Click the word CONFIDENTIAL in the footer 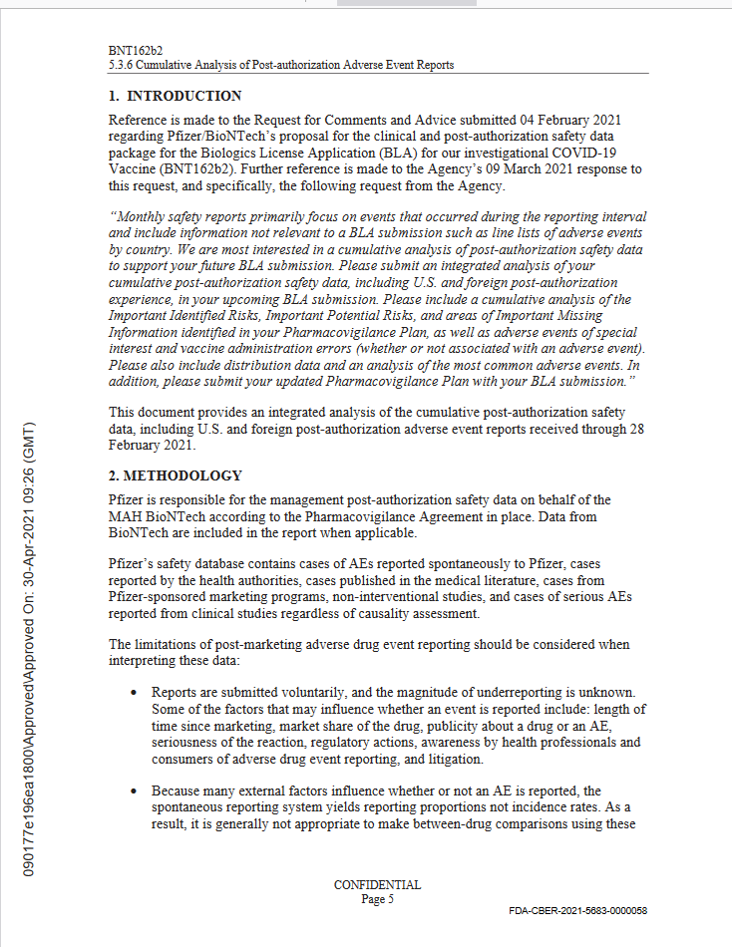tap(377, 885)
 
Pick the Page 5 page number tap(377, 899)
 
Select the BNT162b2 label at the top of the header tap(136, 51)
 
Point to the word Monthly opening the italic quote tap(142, 217)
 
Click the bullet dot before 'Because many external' tap(134, 790)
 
